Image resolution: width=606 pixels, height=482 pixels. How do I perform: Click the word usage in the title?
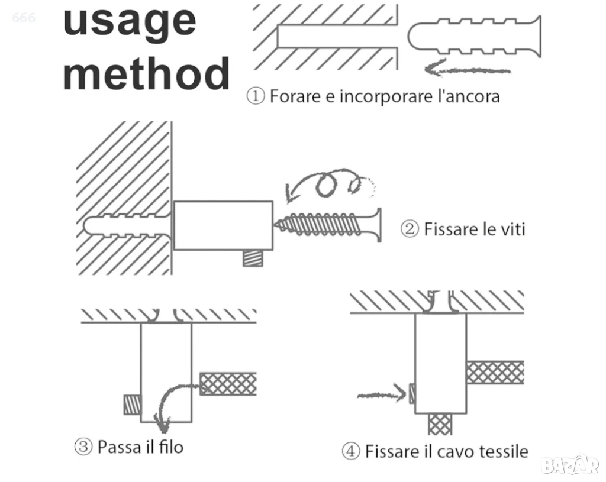pos(129,21)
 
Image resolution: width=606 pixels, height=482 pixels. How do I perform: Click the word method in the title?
pos(146,73)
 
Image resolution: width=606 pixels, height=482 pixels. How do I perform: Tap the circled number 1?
pos(255,96)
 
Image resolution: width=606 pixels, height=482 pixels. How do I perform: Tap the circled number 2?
pos(410,229)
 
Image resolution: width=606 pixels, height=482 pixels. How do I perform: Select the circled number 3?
pos(83,447)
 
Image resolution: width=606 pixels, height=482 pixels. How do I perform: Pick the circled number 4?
pos(351,452)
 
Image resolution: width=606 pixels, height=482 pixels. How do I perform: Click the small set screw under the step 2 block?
pos(253,258)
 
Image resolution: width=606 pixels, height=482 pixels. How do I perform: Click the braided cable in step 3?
pos(228,384)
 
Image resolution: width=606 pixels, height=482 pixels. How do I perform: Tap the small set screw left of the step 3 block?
pos(132,404)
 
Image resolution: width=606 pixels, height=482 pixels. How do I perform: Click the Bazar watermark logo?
pos(570,465)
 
